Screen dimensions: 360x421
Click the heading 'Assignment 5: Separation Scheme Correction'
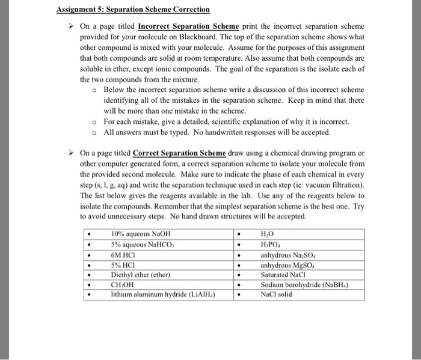tap(133, 10)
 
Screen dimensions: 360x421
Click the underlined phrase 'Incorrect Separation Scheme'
tap(188, 27)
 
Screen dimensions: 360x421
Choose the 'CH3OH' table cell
tap(124, 284)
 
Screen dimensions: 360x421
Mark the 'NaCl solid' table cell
tap(277, 294)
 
